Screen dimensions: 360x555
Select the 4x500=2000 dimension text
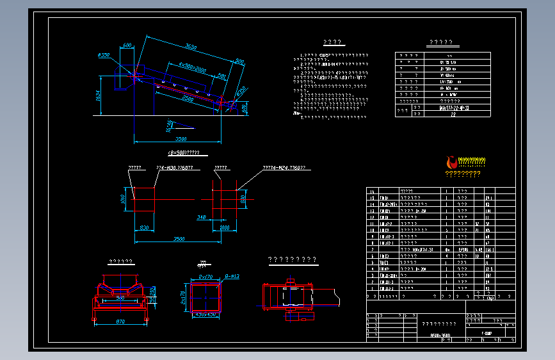pyautogui.click(x=192, y=67)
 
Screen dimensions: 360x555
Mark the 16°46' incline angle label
pyautogui.click(x=169, y=124)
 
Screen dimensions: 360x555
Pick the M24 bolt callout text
pyautogui.click(x=284, y=168)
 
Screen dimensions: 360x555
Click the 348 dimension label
pyautogui.click(x=202, y=218)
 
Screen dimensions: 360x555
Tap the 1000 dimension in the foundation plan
pyautogui.click(x=224, y=227)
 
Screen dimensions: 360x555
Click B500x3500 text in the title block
pyautogui.click(x=440, y=335)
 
